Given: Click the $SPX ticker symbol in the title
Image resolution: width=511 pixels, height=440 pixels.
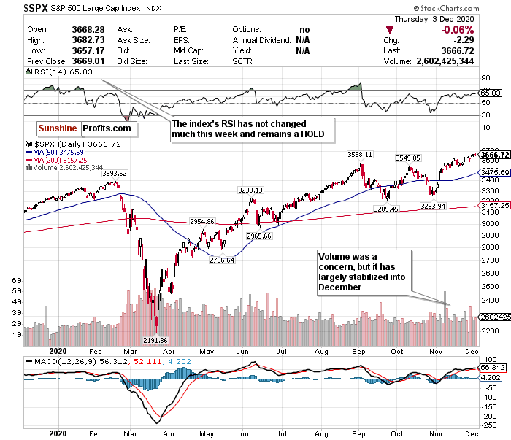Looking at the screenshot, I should coord(17,9).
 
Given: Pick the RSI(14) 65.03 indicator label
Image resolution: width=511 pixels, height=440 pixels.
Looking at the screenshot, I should coord(52,74).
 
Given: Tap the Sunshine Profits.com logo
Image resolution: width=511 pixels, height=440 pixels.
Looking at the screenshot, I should coord(85,128).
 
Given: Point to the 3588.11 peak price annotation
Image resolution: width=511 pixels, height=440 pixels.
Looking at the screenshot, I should coord(359,155).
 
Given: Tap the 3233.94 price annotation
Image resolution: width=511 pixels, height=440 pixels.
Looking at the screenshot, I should coord(452,207).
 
